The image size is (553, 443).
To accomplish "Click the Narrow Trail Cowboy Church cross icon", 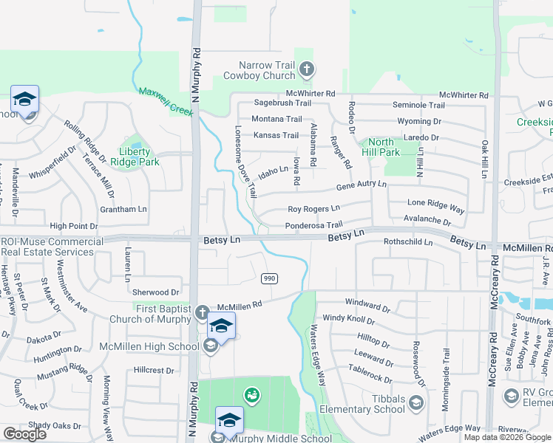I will pyautogui.click(x=307, y=71).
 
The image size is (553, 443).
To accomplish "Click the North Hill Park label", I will pyautogui.click(x=381, y=147).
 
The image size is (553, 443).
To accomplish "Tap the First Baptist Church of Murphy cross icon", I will pyautogui.click(x=200, y=314).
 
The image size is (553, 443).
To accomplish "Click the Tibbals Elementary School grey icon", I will pyautogui.click(x=416, y=402).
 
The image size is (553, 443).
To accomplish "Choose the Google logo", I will pyautogui.click(x=24, y=434).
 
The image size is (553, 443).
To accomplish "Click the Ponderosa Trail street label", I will pyautogui.click(x=314, y=225).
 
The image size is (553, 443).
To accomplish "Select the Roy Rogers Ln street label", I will pyautogui.click(x=313, y=210).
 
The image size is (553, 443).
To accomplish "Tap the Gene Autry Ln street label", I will pyautogui.click(x=362, y=185).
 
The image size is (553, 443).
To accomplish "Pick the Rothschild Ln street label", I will pyautogui.click(x=407, y=241).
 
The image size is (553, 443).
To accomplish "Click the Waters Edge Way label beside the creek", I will pyautogui.click(x=318, y=355).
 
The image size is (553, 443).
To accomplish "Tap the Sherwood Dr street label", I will pyautogui.click(x=156, y=292).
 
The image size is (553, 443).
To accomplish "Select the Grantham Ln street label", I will pyautogui.click(x=123, y=209).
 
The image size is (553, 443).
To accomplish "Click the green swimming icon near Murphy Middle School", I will pyautogui.click(x=251, y=395).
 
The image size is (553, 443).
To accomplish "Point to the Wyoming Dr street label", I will pyautogui.click(x=418, y=121).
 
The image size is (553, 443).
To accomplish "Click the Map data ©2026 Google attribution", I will pyautogui.click(x=508, y=437).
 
